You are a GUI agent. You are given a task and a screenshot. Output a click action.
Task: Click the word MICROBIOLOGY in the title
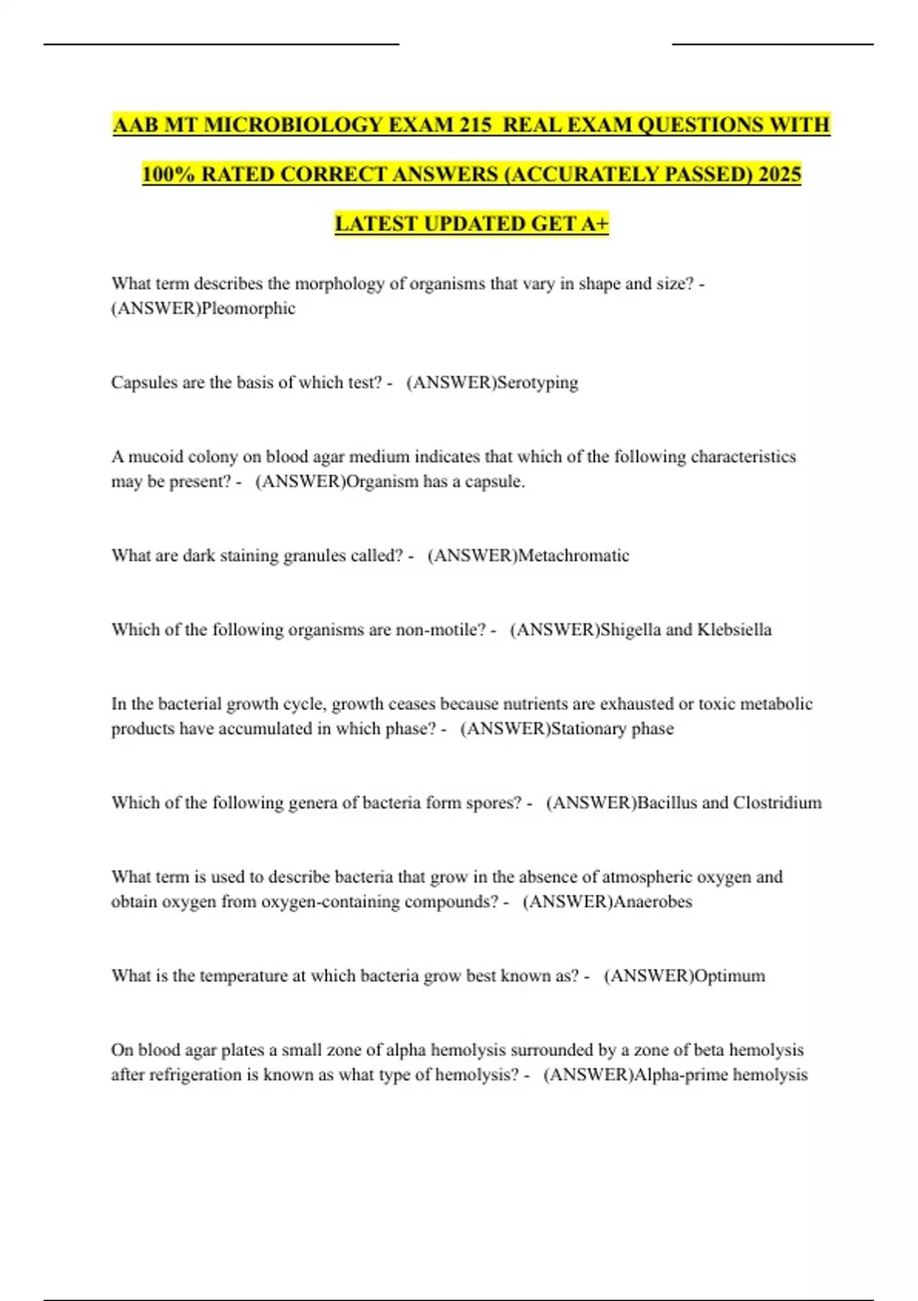(294, 125)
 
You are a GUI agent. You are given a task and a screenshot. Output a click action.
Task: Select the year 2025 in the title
(780, 174)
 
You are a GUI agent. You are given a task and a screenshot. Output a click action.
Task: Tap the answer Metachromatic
(573, 556)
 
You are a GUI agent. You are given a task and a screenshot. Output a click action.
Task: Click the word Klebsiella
(734, 630)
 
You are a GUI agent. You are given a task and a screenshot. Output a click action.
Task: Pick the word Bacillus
(666, 803)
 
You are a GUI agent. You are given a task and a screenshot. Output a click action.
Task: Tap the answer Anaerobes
(653, 902)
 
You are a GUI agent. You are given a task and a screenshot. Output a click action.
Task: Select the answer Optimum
(729, 976)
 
